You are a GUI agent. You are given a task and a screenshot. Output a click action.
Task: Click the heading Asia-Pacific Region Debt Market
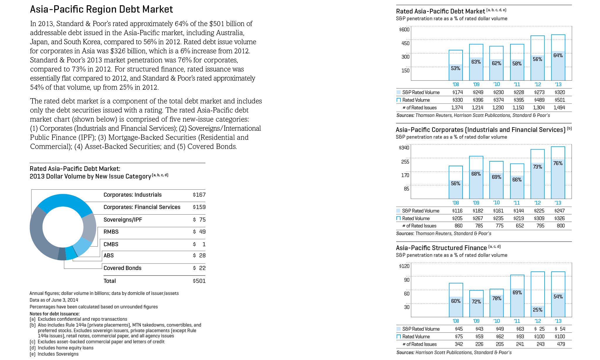point(101,9)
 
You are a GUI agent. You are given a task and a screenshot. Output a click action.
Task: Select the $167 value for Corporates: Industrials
point(199,195)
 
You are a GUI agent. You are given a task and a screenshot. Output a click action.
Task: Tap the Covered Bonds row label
point(122,268)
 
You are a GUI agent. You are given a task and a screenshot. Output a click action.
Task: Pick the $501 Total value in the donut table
point(199,281)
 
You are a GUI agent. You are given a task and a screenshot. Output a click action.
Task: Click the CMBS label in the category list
point(111,244)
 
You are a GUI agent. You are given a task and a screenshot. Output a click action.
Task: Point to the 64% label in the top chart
point(558,55)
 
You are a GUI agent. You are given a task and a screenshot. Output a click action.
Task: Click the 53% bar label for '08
point(456,68)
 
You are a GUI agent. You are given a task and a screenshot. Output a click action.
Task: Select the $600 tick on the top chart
point(404,30)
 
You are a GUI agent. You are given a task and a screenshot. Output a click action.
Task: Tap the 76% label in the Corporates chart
point(558,163)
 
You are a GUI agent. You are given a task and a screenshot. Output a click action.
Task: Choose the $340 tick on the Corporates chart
point(404,148)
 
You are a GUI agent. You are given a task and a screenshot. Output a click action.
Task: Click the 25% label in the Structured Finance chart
point(538,310)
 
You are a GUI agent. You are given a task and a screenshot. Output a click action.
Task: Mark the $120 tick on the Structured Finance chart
point(404,266)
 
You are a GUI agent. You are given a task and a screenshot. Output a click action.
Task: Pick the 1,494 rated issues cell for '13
point(559,108)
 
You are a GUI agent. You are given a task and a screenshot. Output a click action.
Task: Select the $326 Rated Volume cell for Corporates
point(560,218)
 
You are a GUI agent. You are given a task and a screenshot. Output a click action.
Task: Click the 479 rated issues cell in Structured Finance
point(561,344)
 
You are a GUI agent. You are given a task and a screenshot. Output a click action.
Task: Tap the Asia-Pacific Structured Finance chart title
point(441,248)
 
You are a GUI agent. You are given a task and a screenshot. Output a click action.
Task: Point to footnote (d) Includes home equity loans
point(62,348)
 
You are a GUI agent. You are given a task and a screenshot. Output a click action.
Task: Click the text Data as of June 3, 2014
point(54,300)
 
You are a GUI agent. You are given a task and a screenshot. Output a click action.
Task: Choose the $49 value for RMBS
point(199,232)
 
